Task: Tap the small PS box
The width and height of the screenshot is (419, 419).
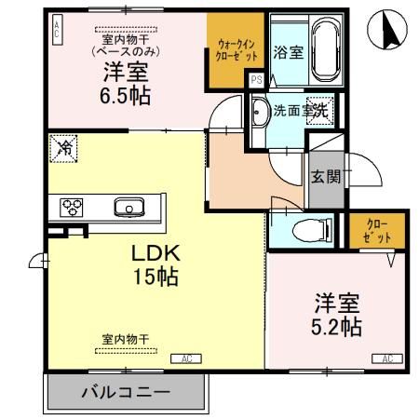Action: [256, 81]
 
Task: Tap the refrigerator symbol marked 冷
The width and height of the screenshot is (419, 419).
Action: [64, 146]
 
